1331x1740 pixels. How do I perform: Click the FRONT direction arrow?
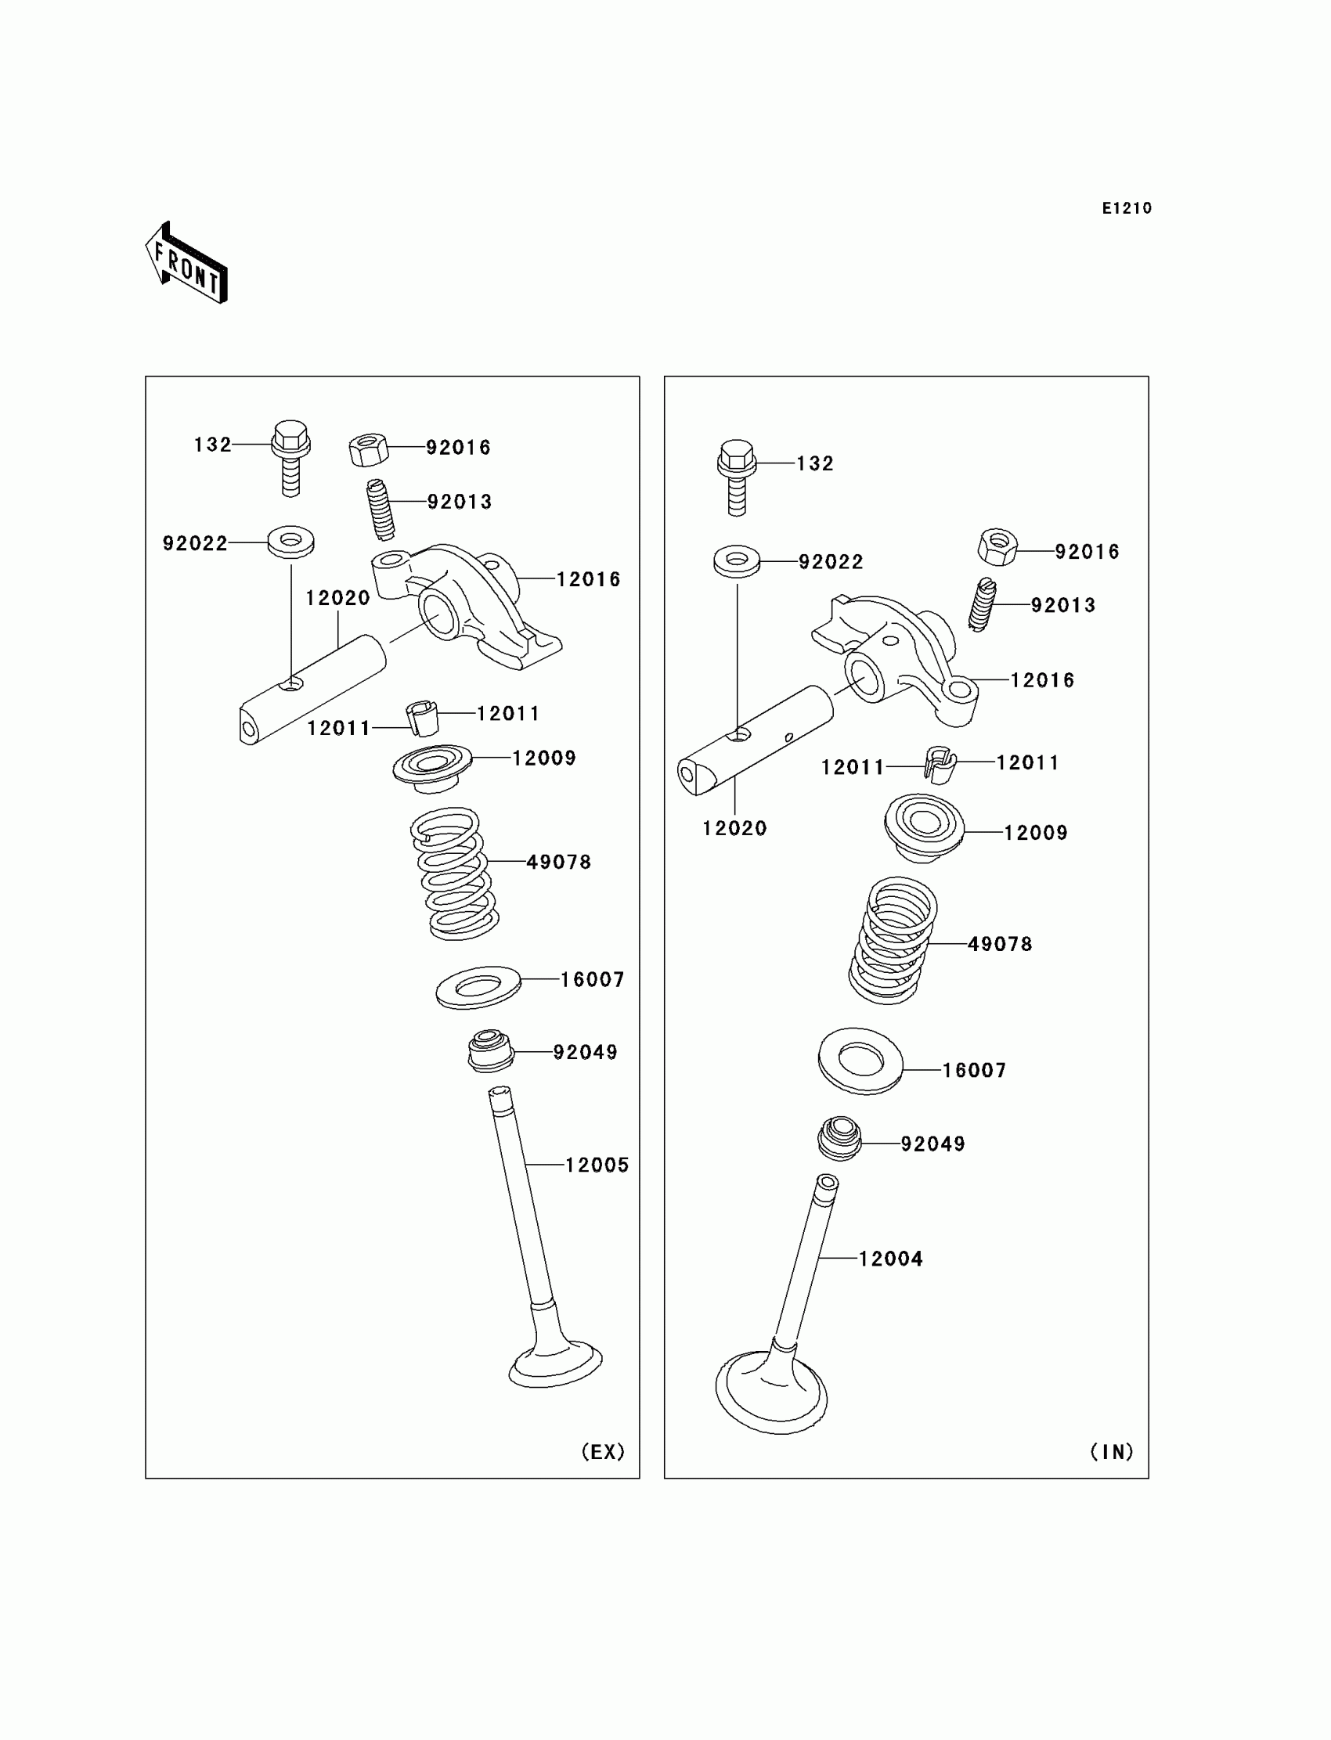tap(187, 263)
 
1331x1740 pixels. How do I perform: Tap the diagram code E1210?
tap(1127, 208)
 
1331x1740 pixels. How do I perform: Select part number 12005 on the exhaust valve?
tap(597, 1165)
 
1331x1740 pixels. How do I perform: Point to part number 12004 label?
tap(890, 1259)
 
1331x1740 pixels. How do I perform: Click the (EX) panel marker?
tap(603, 1451)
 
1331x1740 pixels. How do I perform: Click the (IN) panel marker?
tap(1112, 1451)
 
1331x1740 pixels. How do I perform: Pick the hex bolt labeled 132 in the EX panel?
tap(290, 457)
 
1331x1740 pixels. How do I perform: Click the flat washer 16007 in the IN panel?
tap(860, 1061)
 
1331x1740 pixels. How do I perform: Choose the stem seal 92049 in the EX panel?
tap(489, 1050)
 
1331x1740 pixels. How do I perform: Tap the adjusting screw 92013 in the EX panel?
tap(381, 510)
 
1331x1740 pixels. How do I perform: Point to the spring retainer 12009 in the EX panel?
tap(432, 766)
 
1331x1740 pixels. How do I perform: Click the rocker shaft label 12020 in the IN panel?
tap(734, 828)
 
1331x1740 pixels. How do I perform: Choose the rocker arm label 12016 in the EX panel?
tap(588, 580)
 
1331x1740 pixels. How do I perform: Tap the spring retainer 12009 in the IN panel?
tap(924, 827)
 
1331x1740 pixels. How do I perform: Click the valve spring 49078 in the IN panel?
tap(893, 940)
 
